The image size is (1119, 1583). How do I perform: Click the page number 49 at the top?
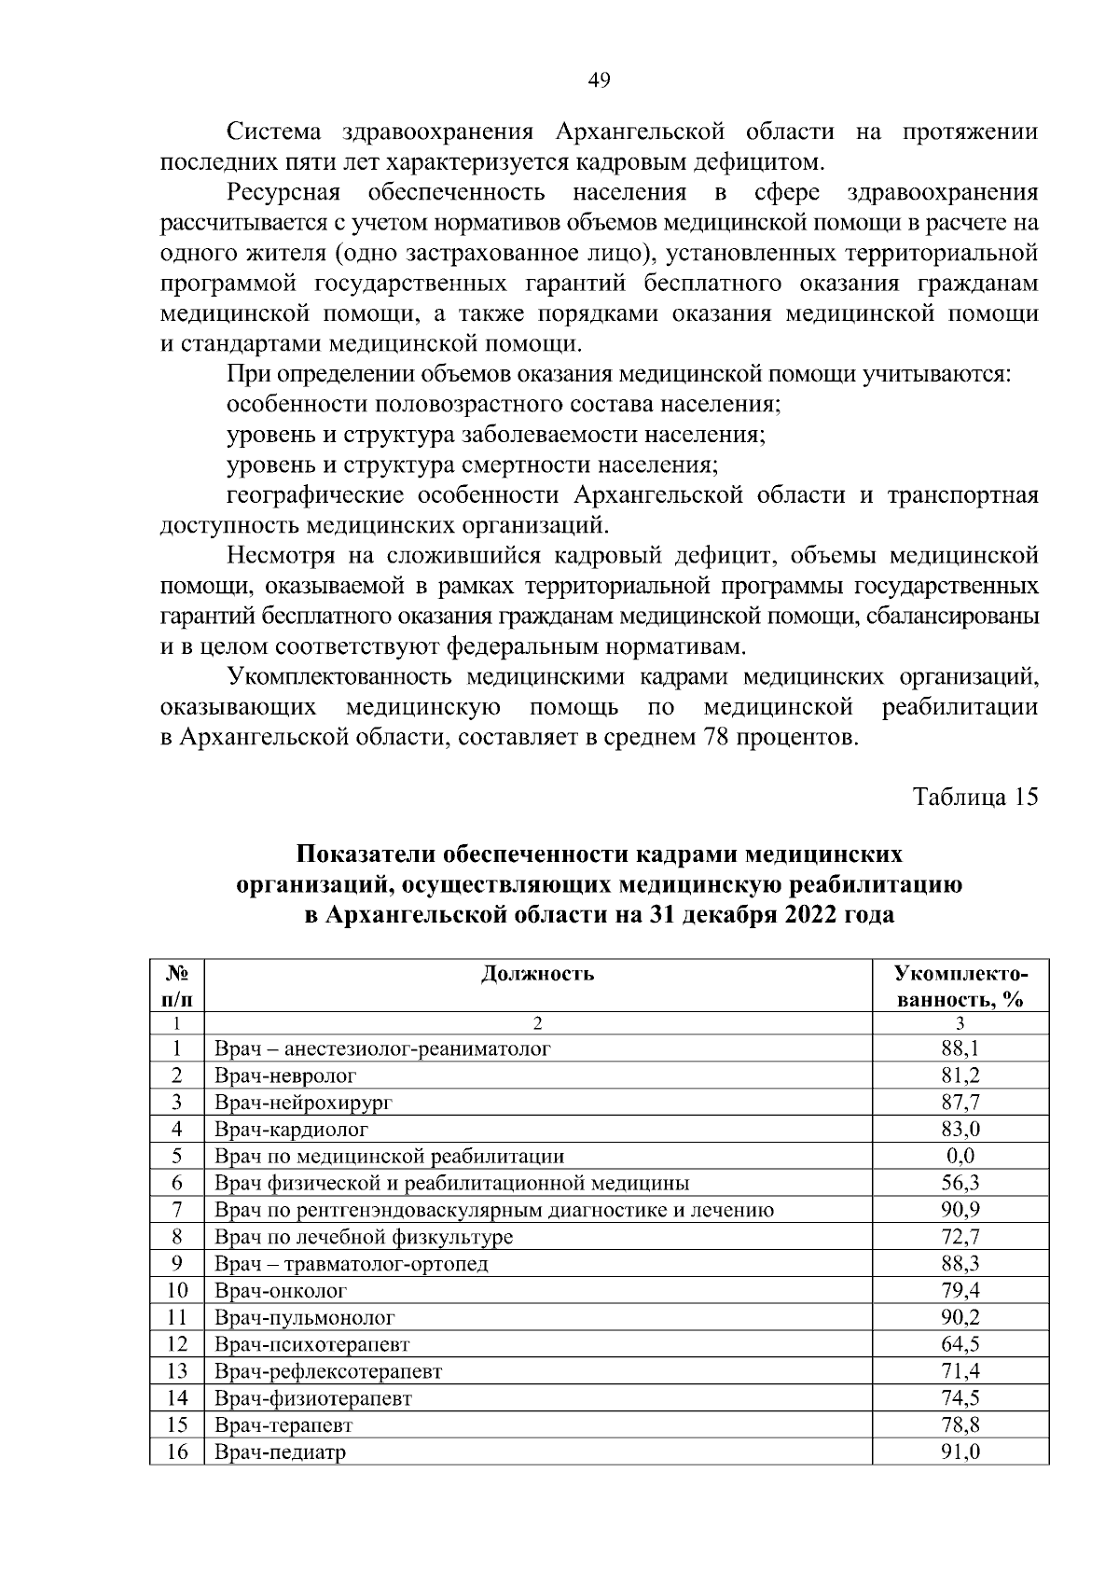point(599,80)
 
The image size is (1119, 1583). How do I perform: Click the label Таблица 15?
point(975,798)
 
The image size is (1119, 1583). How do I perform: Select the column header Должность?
point(538,975)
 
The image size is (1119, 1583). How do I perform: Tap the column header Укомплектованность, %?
point(960,987)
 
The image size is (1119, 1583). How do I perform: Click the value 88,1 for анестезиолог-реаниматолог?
point(960,1048)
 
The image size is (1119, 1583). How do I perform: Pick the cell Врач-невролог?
point(285,1076)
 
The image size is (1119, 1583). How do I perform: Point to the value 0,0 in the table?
point(960,1157)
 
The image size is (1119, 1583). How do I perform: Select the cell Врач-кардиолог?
point(291,1130)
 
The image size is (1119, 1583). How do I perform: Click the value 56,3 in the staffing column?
point(960,1184)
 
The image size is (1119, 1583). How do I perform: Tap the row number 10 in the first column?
point(177,1291)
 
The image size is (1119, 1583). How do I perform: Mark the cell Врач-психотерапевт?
point(311,1345)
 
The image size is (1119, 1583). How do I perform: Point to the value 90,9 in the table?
point(960,1210)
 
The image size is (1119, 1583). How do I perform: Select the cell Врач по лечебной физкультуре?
point(364,1238)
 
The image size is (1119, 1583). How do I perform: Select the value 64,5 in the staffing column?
point(960,1344)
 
